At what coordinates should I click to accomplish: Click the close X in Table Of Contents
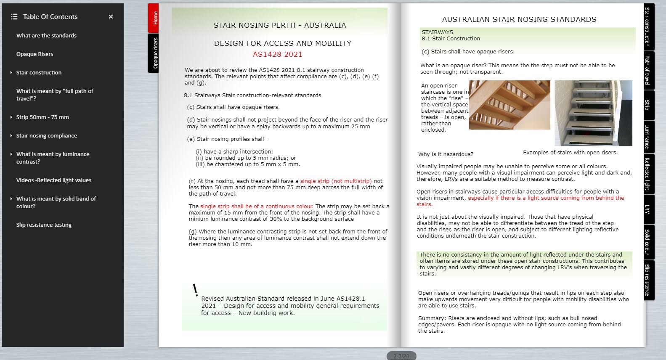(x=111, y=17)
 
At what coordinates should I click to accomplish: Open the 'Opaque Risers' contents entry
(x=34, y=54)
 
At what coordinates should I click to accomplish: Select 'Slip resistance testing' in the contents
(x=44, y=225)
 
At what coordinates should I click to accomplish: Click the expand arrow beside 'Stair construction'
(x=11, y=73)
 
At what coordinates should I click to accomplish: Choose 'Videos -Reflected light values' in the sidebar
(x=54, y=180)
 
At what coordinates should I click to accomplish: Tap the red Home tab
(x=154, y=18)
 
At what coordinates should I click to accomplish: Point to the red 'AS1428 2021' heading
(x=277, y=54)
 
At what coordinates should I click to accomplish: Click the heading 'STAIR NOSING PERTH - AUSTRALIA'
(x=280, y=25)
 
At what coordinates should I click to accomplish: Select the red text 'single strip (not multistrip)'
(x=336, y=181)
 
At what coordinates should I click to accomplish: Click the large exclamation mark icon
(x=195, y=290)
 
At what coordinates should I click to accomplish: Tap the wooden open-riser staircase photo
(x=509, y=105)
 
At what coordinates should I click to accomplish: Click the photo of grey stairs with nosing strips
(x=593, y=113)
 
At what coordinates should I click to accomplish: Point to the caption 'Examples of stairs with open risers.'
(x=570, y=153)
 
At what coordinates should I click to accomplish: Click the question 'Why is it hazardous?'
(x=446, y=154)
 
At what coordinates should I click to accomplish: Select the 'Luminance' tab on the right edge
(x=647, y=136)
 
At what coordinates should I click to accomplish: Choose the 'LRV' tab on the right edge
(x=647, y=209)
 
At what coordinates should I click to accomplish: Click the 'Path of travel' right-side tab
(x=647, y=70)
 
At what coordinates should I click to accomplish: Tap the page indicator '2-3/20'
(x=401, y=356)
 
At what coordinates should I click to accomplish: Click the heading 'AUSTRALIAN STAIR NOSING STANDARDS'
(x=519, y=19)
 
